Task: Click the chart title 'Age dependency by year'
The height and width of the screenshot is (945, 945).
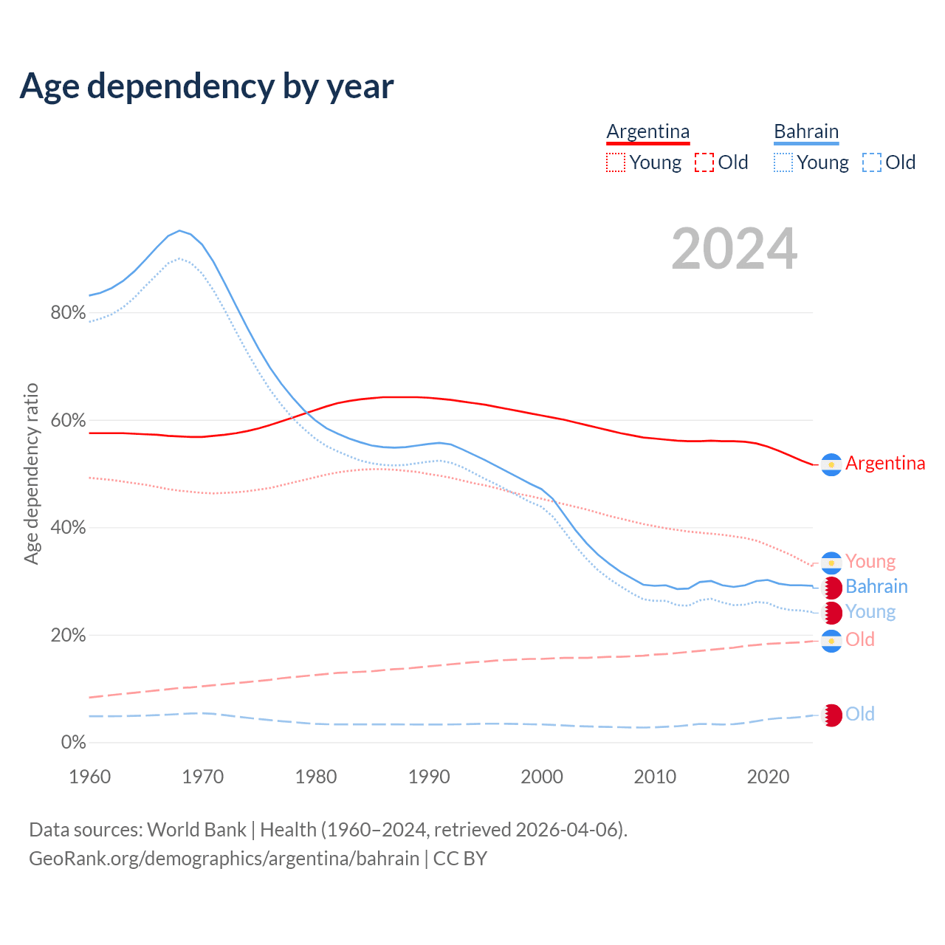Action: click(x=207, y=86)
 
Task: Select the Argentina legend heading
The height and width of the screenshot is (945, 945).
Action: click(x=647, y=132)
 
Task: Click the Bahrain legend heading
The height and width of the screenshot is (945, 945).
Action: click(x=806, y=132)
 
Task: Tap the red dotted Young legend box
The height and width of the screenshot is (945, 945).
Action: click(x=615, y=162)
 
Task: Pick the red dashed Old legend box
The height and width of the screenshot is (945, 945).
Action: click(x=704, y=162)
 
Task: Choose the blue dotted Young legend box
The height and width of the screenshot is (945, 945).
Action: click(x=783, y=162)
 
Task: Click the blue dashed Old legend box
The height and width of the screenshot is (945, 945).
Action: click(x=872, y=162)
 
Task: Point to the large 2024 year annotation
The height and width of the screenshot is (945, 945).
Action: click(x=734, y=249)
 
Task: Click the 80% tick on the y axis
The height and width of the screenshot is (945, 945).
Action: click(x=68, y=313)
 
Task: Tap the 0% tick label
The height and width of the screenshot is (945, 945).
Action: click(x=73, y=743)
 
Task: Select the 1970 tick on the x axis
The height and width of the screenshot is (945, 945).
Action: click(x=203, y=777)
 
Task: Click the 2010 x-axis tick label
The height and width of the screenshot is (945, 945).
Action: click(x=655, y=777)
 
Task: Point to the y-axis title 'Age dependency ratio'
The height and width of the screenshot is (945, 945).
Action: click(x=31, y=473)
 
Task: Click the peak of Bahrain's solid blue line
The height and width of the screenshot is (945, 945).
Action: click(x=179, y=230)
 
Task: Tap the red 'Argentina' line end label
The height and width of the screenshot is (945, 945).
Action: click(x=884, y=464)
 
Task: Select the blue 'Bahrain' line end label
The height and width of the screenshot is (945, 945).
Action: click(x=876, y=587)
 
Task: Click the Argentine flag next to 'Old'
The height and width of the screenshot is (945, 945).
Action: click(x=831, y=641)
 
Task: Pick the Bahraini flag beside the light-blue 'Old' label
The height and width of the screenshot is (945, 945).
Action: click(x=831, y=715)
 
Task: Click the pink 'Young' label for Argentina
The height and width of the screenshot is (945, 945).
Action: click(x=870, y=562)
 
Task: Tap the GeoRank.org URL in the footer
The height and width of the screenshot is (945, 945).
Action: click(x=224, y=859)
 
